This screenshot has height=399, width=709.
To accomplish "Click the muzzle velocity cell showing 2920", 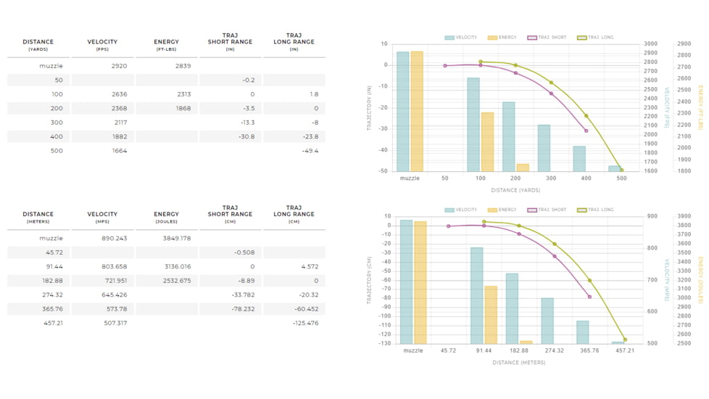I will point(119,66).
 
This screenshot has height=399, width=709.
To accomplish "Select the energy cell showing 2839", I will point(183,66).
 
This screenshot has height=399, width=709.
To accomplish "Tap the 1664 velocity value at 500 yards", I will point(119,151).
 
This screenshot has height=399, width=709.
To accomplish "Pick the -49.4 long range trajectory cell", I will point(310,151).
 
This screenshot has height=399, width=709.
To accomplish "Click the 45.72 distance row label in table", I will point(53,252).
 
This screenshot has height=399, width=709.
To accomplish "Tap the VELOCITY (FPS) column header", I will point(102,45).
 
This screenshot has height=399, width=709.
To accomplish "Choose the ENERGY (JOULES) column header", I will point(166,217).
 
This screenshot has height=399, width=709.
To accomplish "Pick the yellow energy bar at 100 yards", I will point(487,141).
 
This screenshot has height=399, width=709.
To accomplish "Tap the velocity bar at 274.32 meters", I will point(547,321).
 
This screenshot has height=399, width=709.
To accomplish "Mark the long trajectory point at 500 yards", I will point(621,170).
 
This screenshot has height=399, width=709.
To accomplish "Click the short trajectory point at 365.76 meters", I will point(589,297).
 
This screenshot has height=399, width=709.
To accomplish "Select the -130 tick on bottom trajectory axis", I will point(385,343).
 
